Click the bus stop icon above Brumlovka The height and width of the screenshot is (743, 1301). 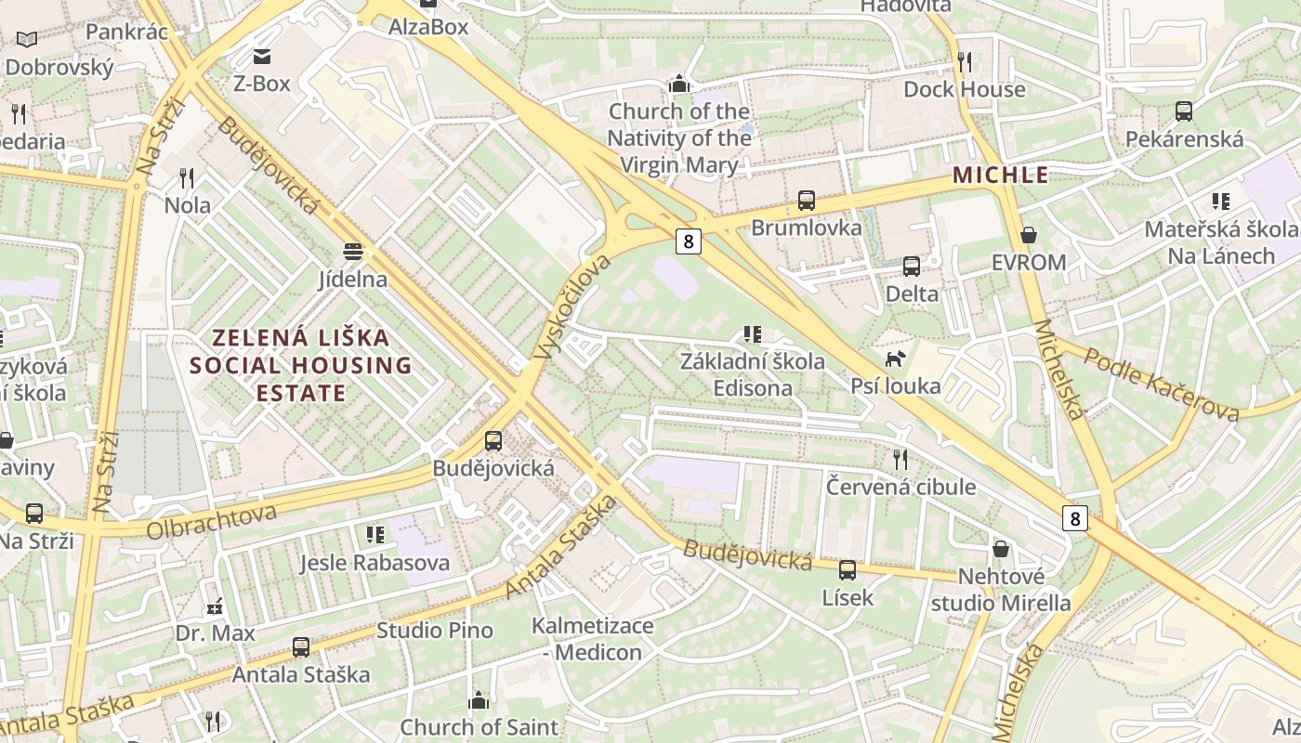pyautogui.click(x=807, y=201)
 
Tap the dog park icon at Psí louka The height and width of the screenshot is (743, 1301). pyautogui.click(x=896, y=358)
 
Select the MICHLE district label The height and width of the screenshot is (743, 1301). pyautogui.click(x=1001, y=175)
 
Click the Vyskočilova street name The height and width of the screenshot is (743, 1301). pyautogui.click(x=573, y=306)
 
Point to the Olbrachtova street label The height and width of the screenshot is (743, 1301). pyautogui.click(x=212, y=521)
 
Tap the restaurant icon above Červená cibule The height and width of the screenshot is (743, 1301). pyautogui.click(x=900, y=459)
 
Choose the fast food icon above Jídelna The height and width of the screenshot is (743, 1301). pyautogui.click(x=352, y=252)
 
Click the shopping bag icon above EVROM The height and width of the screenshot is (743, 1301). pyautogui.click(x=1028, y=235)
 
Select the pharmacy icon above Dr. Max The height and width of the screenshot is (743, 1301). pyautogui.click(x=215, y=606)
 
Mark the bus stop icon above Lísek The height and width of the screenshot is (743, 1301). pyautogui.click(x=848, y=570)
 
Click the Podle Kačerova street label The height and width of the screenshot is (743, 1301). pyautogui.click(x=1162, y=384)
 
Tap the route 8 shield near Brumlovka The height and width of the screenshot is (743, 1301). pyautogui.click(x=688, y=241)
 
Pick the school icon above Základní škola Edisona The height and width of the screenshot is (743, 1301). pyautogui.click(x=753, y=333)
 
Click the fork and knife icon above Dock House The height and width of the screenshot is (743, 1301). pyautogui.click(x=965, y=62)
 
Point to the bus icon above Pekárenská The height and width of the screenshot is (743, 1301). pyautogui.click(x=1184, y=111)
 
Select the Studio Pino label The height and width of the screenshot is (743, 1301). pyautogui.click(x=435, y=630)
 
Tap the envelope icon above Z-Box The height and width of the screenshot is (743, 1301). pyautogui.click(x=261, y=56)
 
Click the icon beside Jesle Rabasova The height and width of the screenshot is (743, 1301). pyautogui.click(x=375, y=534)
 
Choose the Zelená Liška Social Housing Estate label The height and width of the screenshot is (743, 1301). pyautogui.click(x=301, y=365)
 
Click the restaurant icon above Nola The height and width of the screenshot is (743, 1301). pyautogui.click(x=187, y=177)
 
